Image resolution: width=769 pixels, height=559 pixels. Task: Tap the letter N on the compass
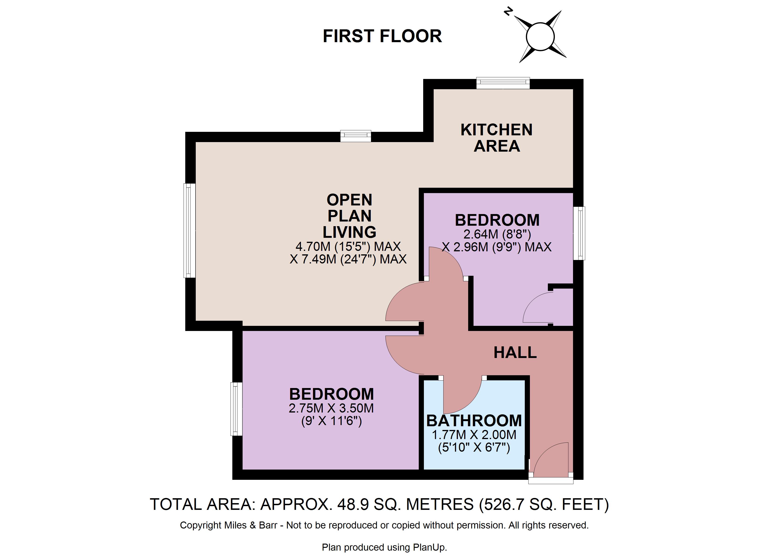(x=508, y=12)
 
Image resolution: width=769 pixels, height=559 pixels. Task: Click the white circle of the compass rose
(x=540, y=37)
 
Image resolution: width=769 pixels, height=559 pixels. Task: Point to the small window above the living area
(x=356, y=136)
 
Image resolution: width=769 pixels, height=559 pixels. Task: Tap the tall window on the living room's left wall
(x=189, y=231)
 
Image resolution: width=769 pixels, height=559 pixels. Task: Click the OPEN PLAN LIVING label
(x=349, y=216)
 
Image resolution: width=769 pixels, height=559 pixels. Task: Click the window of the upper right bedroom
(x=579, y=233)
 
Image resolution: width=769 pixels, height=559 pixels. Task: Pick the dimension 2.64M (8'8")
(x=497, y=234)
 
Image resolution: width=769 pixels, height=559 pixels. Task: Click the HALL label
(x=515, y=353)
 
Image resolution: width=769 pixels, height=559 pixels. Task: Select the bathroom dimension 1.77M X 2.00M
(x=474, y=435)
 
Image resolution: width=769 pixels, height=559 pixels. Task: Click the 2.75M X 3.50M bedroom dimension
(x=331, y=408)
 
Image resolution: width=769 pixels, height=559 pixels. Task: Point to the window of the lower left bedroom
(x=236, y=409)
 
